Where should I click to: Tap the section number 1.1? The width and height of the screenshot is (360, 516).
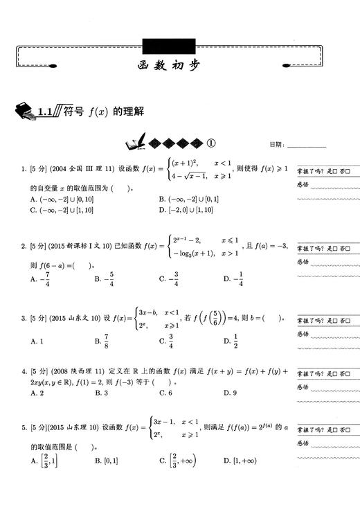point(46,110)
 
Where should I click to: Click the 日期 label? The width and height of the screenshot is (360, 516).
point(276,145)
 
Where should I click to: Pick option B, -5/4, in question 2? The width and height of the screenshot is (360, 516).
point(106,278)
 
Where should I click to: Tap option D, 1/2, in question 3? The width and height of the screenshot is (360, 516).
point(234,341)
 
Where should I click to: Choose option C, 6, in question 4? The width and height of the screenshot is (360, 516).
point(165,393)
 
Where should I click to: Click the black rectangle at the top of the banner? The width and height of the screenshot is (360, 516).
point(163,46)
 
